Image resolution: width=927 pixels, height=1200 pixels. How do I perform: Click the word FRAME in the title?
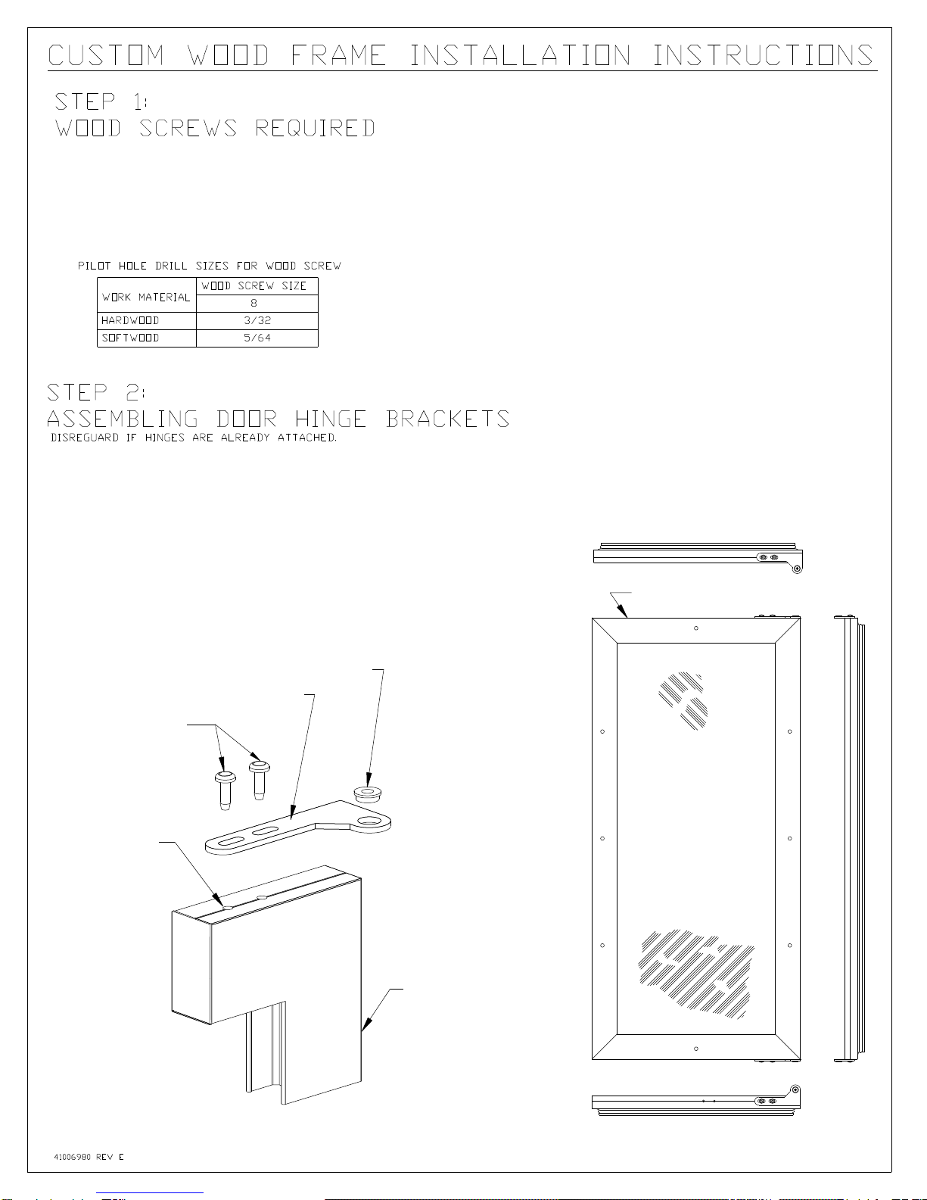[338, 56]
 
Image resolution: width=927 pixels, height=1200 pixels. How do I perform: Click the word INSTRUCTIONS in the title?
[762, 56]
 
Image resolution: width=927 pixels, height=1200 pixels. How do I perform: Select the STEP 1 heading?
[101, 101]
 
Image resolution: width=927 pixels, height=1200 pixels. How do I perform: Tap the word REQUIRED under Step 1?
[315, 129]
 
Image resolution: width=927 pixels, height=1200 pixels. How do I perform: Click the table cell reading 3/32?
[257, 321]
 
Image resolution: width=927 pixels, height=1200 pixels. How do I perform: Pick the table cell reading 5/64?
[257, 338]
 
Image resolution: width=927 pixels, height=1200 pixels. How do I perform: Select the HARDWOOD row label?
[130, 321]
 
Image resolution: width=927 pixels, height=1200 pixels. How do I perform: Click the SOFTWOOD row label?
[130, 338]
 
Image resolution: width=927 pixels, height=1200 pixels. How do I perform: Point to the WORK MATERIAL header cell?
[146, 298]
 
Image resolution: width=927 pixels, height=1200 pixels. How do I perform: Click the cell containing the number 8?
[254, 304]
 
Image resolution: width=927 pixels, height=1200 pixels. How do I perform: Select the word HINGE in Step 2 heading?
[331, 419]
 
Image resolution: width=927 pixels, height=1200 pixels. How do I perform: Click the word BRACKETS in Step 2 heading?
[447, 419]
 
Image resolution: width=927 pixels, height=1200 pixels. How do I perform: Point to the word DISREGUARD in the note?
[85, 438]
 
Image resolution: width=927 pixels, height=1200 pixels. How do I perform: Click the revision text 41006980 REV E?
[89, 1157]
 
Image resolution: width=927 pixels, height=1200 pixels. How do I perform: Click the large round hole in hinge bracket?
[371, 821]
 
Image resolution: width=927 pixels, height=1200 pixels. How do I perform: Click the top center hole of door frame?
[696, 628]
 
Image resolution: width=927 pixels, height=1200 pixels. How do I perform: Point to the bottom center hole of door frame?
[696, 1049]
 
